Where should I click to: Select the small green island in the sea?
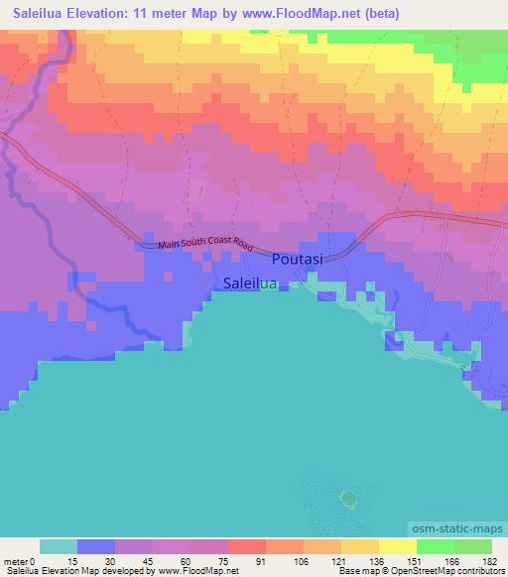tap(347, 497)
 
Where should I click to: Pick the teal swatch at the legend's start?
tap(59, 546)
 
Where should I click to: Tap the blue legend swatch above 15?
tap(96, 546)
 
